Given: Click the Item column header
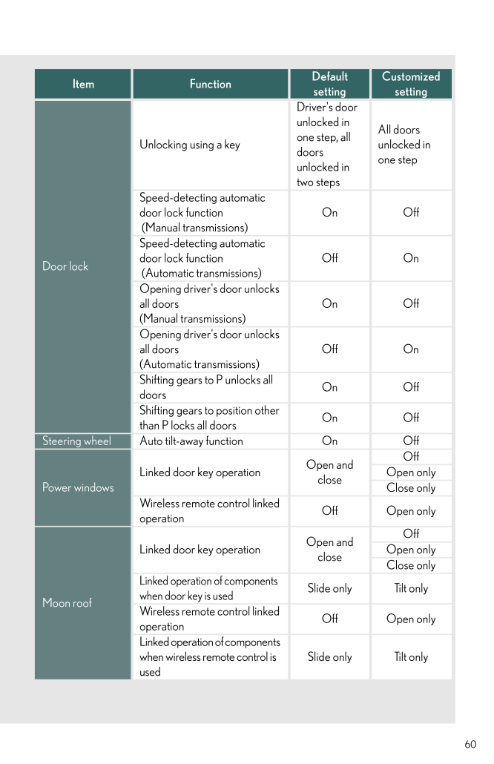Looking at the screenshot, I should tap(83, 85).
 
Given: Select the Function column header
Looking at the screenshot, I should tap(210, 85).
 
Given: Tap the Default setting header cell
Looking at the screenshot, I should tap(329, 85).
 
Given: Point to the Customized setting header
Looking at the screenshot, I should tap(411, 85).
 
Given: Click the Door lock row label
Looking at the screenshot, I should tap(65, 266).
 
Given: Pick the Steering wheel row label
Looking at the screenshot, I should tap(76, 441).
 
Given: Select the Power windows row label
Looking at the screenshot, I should tap(78, 487).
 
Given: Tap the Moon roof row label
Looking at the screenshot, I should tap(67, 603).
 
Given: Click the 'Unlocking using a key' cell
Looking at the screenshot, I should tap(190, 145).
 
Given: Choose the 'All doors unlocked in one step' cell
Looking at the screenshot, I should tap(404, 145).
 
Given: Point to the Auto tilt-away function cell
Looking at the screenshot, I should tap(191, 441).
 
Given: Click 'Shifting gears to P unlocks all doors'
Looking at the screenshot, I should tap(206, 387).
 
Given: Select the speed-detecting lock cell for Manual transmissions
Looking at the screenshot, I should tap(202, 213).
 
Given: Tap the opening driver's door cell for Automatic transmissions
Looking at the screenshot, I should tap(209, 349).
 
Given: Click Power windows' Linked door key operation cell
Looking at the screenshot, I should tap(200, 472).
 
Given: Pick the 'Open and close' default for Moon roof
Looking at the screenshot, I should tap(329, 550).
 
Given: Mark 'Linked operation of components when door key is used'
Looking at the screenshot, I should tap(208, 588).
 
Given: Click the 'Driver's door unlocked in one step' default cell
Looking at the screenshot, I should tap(327, 145).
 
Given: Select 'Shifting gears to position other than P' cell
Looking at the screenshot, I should tap(209, 418).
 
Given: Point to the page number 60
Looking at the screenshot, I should tap(470, 745).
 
